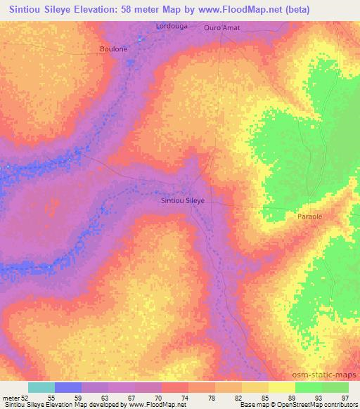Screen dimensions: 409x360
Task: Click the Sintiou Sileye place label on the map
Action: pos(182,200)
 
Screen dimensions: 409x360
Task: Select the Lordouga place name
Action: pos(169,27)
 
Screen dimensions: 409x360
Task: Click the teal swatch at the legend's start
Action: pos(41,387)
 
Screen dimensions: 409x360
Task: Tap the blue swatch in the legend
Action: pos(68,387)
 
